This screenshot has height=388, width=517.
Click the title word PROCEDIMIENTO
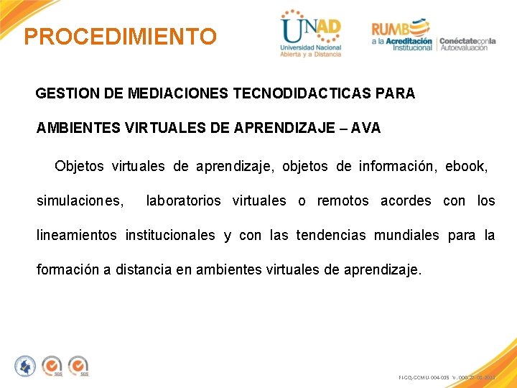coord(120,37)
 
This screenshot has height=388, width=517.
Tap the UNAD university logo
coord(311,34)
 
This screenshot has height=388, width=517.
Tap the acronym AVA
coord(365,129)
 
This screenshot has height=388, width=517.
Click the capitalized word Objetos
coord(79,167)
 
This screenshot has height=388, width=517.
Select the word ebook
coord(466,167)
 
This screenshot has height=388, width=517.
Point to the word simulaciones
coord(80,201)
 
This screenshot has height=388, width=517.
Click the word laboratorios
coord(183,201)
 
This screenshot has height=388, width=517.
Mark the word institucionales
coord(169,236)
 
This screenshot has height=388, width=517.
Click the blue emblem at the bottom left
coord(25,366)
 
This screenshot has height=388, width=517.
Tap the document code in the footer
coord(445,377)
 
